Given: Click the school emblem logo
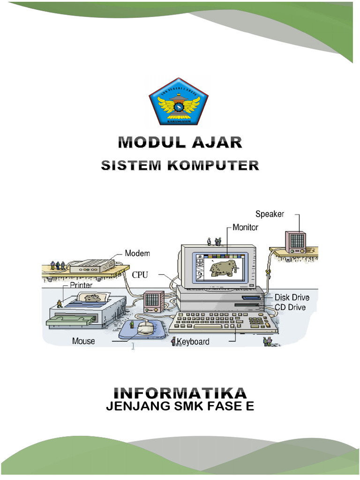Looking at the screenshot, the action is click(179, 102).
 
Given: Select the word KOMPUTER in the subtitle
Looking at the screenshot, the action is click(219, 165).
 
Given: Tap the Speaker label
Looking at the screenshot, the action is click(270, 214).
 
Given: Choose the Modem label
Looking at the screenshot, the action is click(137, 254).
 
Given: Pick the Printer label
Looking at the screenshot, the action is click(81, 285).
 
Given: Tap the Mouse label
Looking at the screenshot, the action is click(83, 341).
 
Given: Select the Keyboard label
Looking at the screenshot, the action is click(193, 342).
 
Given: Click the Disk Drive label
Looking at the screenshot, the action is click(292, 297).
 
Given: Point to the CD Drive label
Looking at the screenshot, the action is click(290, 307).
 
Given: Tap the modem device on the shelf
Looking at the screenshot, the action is click(92, 266).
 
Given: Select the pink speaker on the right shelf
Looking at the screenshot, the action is click(295, 242).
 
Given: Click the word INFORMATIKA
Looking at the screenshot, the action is click(180, 393).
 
